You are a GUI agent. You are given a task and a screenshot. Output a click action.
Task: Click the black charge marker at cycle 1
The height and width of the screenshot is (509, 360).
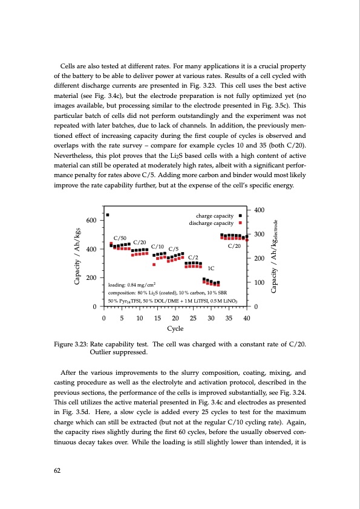(108, 215)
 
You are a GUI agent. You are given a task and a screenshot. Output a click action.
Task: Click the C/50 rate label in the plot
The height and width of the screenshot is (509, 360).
(120, 238)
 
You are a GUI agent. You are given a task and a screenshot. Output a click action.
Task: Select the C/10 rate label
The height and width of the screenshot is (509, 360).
(157, 247)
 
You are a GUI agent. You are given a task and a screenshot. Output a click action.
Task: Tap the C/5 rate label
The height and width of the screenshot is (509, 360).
(173, 248)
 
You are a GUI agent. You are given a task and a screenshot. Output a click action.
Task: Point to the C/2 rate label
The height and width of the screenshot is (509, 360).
(194, 258)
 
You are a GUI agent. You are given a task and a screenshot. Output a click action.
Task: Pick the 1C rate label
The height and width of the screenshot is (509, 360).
(212, 268)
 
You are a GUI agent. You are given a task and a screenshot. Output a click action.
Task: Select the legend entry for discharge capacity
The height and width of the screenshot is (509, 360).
(211, 222)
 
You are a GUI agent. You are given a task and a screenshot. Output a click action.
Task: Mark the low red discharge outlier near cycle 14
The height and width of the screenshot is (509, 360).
(154, 264)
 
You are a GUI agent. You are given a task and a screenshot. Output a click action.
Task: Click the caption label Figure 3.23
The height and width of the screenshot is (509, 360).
(72, 345)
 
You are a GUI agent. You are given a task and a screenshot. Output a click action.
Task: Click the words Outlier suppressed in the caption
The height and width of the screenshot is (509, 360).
(114, 352)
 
